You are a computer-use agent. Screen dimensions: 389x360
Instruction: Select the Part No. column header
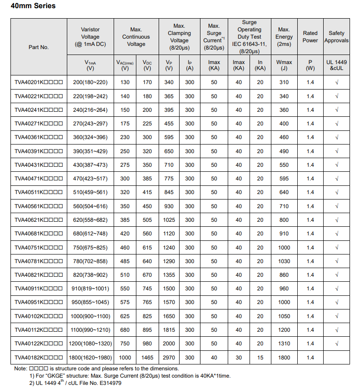pos(39,47)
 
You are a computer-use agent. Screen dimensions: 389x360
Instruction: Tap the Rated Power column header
pos(310,37)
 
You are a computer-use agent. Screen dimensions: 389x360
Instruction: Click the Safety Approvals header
pos(336,37)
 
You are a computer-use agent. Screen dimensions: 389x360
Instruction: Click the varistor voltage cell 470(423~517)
pos(90,179)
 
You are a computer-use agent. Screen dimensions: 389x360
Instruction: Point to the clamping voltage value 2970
pos(169,358)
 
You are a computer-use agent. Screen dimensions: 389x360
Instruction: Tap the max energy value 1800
pos(284,358)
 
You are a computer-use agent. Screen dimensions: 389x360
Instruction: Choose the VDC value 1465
pos(147,358)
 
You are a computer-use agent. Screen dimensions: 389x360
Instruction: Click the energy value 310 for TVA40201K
pos(284,82)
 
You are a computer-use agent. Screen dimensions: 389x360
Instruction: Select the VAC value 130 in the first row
pos(125,82)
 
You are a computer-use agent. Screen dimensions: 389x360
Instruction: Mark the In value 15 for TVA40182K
pos(260,358)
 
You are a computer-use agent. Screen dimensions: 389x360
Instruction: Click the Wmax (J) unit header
pos(284,65)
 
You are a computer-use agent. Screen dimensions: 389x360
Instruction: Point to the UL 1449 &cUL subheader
pos(336,65)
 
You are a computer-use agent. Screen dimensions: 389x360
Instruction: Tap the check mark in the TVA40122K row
pos(336,344)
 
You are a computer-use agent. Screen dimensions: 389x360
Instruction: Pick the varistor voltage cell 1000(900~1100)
pos(90,316)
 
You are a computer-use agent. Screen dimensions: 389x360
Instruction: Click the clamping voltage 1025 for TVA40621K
pos(169,220)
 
